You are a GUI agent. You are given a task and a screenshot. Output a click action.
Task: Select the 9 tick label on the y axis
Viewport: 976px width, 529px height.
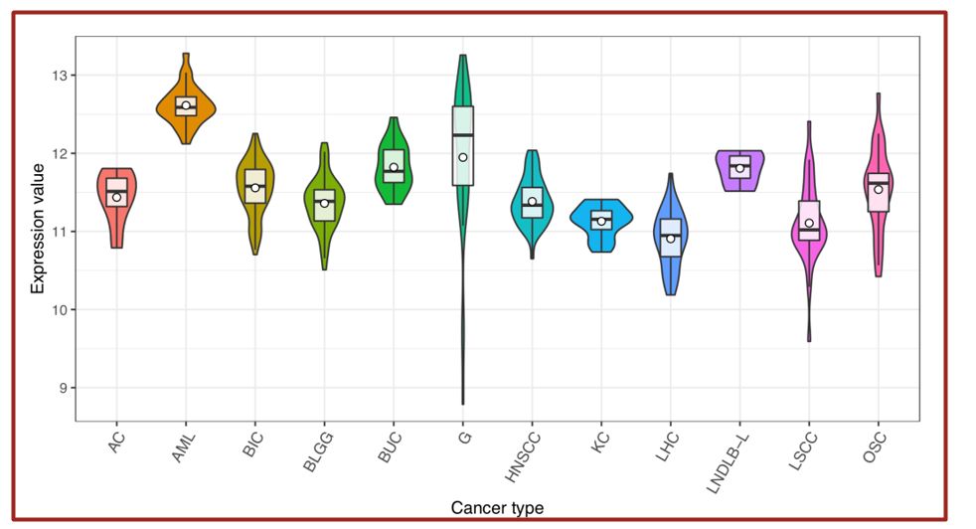click(x=62, y=388)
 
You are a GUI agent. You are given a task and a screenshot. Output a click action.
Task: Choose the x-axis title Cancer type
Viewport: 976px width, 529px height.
click(x=497, y=508)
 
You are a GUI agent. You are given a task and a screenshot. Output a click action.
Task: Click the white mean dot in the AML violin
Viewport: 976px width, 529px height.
click(x=186, y=105)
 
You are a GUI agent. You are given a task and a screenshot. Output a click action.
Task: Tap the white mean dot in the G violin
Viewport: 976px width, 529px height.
click(x=463, y=157)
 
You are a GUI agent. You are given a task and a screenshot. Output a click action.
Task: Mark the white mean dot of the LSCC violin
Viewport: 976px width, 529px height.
click(x=809, y=224)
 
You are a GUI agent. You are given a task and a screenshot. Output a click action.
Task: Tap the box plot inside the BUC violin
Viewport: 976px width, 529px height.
click(x=394, y=165)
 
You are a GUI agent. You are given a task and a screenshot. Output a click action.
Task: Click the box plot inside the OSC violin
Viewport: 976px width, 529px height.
click(x=879, y=192)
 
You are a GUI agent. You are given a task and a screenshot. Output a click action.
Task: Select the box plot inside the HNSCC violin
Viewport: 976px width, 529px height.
click(x=532, y=202)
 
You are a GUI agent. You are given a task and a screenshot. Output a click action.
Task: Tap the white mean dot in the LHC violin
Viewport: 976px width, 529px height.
click(x=671, y=239)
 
